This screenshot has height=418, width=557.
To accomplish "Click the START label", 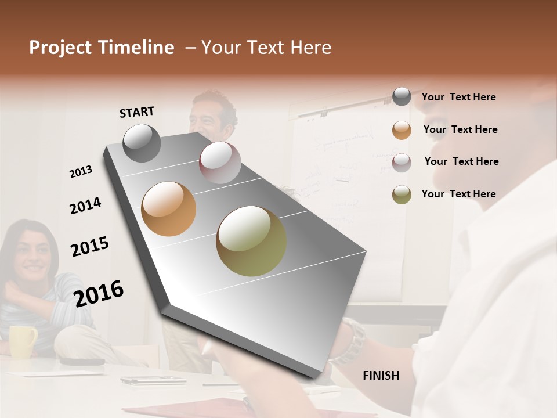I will coord(137,112).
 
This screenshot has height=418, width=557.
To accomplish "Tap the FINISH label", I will coord(381,376).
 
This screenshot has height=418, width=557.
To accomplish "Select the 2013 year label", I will coord(81,172).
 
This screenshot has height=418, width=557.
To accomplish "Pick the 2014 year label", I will coord(85,206).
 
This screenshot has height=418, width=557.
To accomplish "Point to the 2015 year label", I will coord(90,247).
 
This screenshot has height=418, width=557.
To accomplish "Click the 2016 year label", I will coord(99,293).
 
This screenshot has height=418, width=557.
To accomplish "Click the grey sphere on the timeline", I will coord(142,143).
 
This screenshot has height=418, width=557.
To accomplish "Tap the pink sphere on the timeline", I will coord(220,163).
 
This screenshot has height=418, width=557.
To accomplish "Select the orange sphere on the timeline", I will coord(168,209).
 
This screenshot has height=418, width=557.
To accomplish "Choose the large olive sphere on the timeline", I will coord(251,241).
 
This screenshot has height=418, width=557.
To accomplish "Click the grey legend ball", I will coord(402,97).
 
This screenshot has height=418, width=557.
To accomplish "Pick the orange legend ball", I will coord(402,130).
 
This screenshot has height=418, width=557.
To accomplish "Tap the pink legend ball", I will coord(402,162).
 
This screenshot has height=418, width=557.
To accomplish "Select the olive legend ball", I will coord(402,194).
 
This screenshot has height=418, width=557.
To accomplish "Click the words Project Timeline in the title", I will coord(102,48).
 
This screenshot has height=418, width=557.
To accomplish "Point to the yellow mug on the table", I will coord(22,341).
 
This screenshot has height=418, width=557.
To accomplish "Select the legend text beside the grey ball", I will coord(458,97).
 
